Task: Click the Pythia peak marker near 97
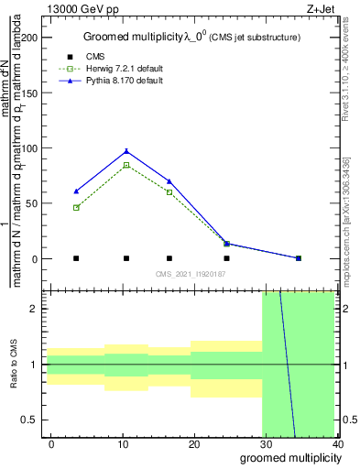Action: tap(126, 151)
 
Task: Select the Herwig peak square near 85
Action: tap(126, 165)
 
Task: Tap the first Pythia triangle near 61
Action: tap(76, 191)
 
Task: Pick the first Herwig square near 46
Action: tap(76, 208)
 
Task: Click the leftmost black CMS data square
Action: tap(76, 258)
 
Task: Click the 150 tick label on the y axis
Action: tap(30, 93)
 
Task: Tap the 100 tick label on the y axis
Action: tap(30, 148)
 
